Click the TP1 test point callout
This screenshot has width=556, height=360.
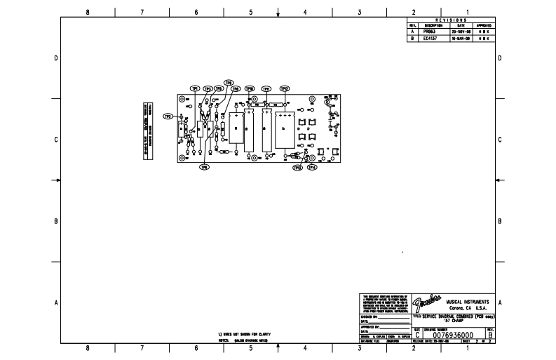coord(196,88)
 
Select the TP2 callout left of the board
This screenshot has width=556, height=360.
coord(168,116)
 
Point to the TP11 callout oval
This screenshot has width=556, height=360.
coord(266,89)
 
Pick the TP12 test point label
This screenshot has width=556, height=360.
coord(285,89)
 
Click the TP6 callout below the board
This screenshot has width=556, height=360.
coord(205,167)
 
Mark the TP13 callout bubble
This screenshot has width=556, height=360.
coord(297,168)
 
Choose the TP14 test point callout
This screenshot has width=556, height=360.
coord(313,168)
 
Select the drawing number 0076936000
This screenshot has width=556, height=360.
coord(453,335)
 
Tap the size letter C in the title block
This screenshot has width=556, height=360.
coord(418,335)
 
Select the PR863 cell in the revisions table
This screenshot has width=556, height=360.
coord(429,32)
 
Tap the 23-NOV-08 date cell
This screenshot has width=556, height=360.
coord(461,32)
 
